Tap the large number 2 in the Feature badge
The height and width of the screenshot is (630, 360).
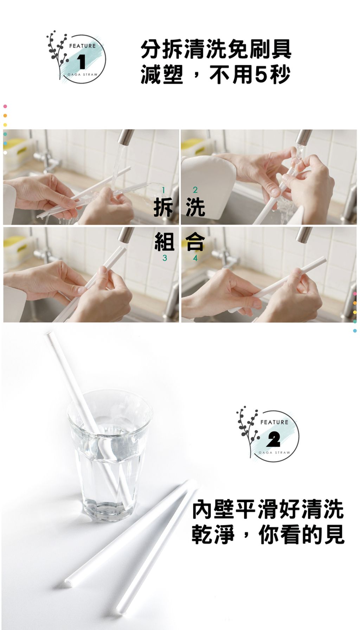(x=274, y=439)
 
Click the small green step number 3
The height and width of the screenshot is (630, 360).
(x=165, y=259)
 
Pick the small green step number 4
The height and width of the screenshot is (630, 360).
(x=195, y=259)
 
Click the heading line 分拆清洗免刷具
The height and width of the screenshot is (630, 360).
(x=216, y=49)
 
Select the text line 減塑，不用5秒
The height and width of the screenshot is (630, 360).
(x=216, y=74)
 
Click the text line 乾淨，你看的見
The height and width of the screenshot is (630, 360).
(x=268, y=535)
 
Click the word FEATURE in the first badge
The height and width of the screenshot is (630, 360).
(x=82, y=46)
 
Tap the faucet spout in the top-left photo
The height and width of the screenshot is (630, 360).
(x=126, y=138)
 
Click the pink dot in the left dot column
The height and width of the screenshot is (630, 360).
(x=5, y=106)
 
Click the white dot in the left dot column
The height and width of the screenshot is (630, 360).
(x=5, y=153)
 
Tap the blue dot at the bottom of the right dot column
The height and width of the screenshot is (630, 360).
(x=355, y=331)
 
